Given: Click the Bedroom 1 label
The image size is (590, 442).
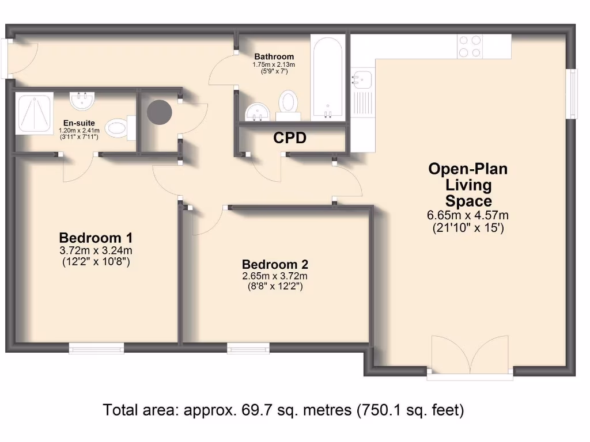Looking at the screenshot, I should tap(96, 238).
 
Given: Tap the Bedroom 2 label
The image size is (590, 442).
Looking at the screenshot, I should tap(275, 265).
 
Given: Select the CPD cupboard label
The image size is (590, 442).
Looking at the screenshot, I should tap(289, 139).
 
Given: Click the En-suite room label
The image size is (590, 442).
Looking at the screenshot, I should tap(79, 123).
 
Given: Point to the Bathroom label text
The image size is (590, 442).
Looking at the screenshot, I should tap(274, 56).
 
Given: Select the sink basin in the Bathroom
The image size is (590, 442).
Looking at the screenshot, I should tap(255, 111).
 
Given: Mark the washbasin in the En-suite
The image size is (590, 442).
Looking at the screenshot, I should tap(82, 101).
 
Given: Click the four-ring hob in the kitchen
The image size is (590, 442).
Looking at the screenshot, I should tap(470, 46).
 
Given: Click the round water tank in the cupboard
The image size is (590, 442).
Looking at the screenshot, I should tap(160, 112).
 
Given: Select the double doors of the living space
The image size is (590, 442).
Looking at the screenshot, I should tap(470, 360).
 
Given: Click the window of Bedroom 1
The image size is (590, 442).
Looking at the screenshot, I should tap(96, 348).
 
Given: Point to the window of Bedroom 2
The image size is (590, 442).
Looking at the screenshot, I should tap(248, 348).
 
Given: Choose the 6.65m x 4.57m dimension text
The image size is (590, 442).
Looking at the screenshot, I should tap(468, 216).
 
